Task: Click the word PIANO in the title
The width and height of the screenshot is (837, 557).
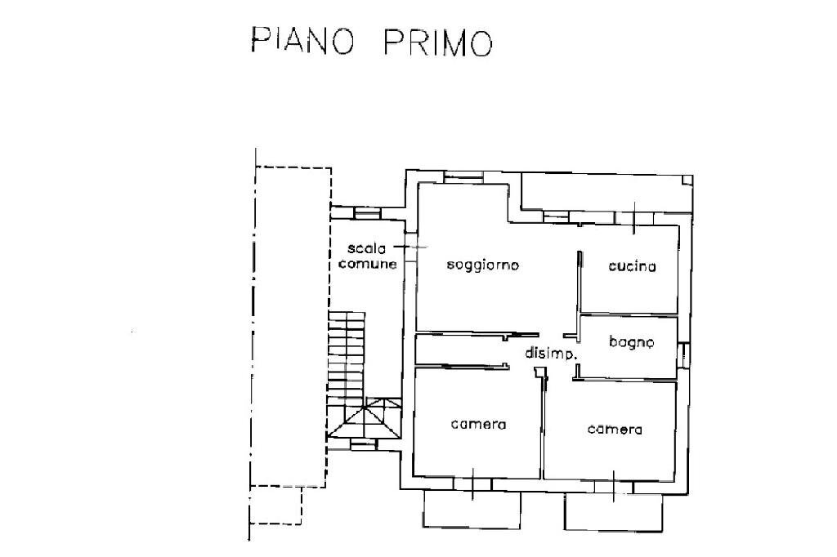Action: click(302, 42)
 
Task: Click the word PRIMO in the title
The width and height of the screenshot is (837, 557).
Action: click(438, 42)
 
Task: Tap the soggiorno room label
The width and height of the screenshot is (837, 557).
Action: click(483, 265)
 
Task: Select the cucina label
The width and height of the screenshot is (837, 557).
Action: click(632, 266)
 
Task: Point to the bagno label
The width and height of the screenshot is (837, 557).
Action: click(631, 343)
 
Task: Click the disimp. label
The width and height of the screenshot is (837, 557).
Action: click(552, 354)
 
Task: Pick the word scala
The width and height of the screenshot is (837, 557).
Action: click(365, 248)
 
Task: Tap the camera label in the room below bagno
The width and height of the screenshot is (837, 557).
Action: click(615, 430)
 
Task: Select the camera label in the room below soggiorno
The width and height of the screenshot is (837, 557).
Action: click(479, 425)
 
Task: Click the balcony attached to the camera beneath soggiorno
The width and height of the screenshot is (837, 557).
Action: click(472, 508)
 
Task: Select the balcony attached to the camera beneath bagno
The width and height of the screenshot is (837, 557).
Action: click(612, 511)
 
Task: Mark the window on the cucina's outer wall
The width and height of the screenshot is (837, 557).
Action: click(637, 218)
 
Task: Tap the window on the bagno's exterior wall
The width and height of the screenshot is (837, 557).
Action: click(684, 354)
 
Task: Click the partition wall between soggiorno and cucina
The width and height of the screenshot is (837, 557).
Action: click(577, 282)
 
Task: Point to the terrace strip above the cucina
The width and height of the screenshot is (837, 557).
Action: click(605, 196)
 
